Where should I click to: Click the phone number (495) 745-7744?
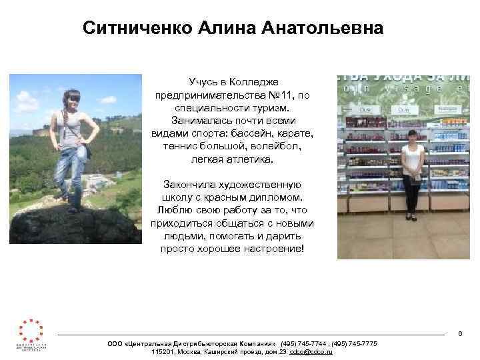pyautogui.click(x=303, y=343)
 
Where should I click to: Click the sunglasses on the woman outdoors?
pyautogui.click(x=72, y=99)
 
